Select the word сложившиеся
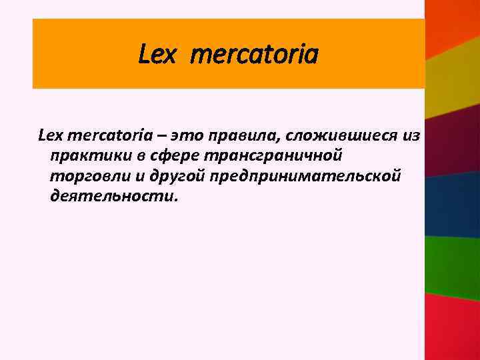click(333, 136)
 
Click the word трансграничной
click(263, 156)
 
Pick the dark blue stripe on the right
click(453, 203)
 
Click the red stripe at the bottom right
click(453, 327)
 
